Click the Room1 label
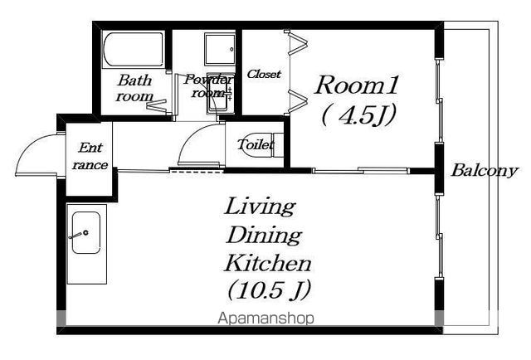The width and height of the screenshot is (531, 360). click(x=356, y=85)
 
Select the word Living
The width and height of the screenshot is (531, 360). click(x=260, y=206)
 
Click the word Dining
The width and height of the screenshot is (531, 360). click(x=264, y=235)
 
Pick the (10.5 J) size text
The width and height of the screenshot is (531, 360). click(x=269, y=289)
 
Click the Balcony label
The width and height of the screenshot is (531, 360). click(x=485, y=170)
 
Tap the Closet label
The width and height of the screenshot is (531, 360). click(x=264, y=74)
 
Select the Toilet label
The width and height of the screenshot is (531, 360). click(x=255, y=145)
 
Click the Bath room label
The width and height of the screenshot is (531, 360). click(x=134, y=88)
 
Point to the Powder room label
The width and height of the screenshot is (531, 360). click(x=208, y=86)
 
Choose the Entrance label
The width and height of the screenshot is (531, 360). click(x=90, y=156)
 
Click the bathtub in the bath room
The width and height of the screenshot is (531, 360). click(x=133, y=50)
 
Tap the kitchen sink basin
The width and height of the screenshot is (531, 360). click(x=86, y=232)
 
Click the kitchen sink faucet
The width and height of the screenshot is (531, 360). click(x=79, y=235)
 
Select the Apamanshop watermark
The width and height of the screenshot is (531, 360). click(x=265, y=319)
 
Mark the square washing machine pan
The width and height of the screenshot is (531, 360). click(x=220, y=50)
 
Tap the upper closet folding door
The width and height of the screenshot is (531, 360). click(x=299, y=42)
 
